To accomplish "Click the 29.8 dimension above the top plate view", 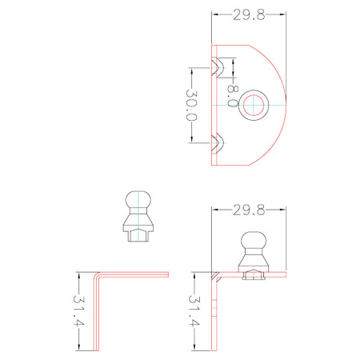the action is (249, 15).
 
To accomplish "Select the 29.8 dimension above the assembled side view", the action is (249, 210).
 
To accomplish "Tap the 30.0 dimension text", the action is (191, 105).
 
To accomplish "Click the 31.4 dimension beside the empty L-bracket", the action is (79, 310).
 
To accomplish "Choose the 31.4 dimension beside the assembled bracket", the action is (194, 310).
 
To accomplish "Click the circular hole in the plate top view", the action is (254, 106).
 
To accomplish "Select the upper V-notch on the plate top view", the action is (218, 68).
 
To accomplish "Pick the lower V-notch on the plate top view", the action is (218, 142).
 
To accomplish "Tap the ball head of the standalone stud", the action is (138, 200).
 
